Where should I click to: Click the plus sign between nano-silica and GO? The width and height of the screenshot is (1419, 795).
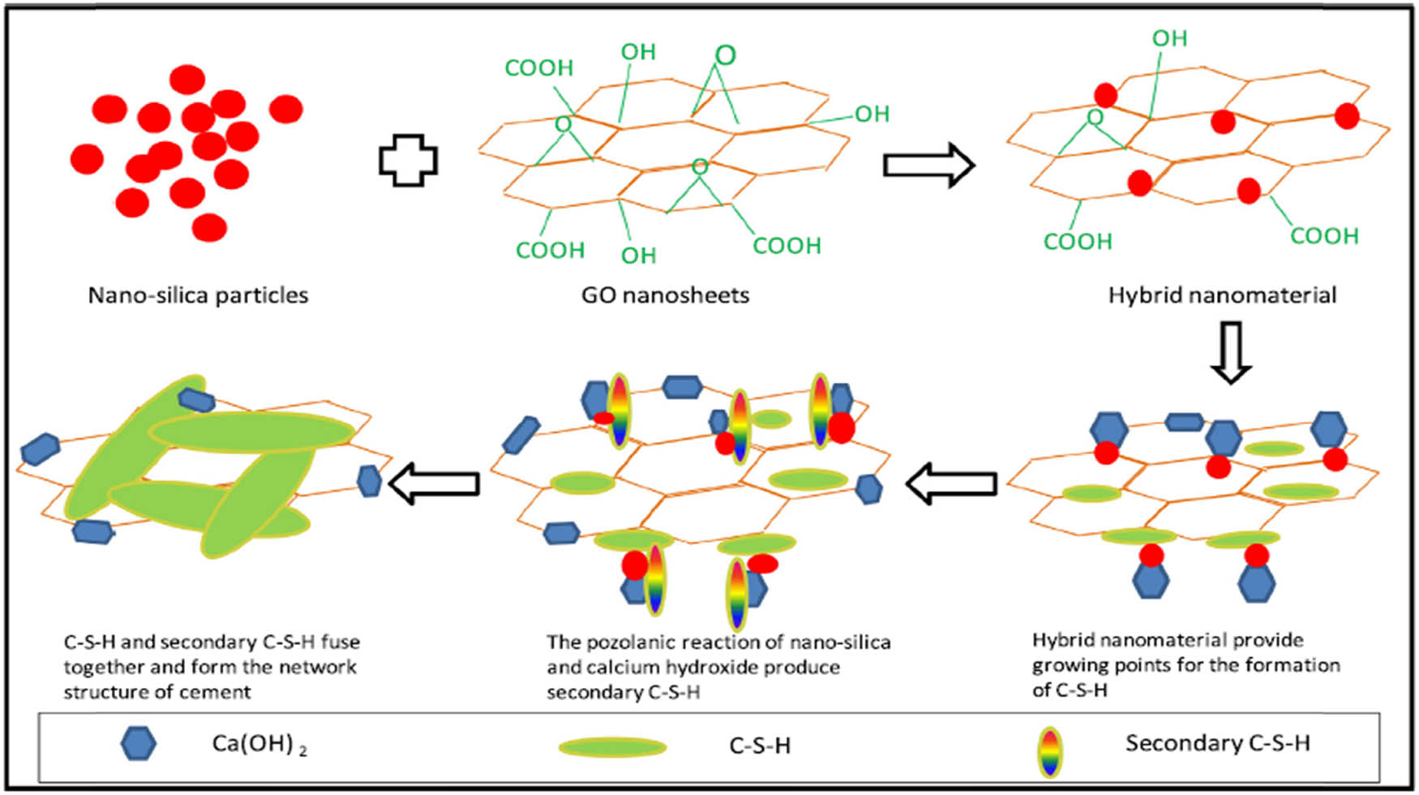[x=409, y=160]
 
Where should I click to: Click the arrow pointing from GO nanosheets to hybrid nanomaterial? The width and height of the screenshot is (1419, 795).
[x=928, y=165]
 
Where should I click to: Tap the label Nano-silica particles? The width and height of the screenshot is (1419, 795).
[x=198, y=295]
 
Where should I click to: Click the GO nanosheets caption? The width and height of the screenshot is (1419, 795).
[x=665, y=295]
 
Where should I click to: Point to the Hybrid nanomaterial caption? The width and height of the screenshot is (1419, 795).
[x=1222, y=295]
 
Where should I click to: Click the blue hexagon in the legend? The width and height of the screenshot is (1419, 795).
[x=138, y=743]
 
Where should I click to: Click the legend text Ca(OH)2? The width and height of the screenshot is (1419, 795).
[x=259, y=744]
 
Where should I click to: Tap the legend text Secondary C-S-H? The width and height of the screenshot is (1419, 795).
[x=1217, y=743]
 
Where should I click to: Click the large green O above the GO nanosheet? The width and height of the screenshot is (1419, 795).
[x=725, y=55]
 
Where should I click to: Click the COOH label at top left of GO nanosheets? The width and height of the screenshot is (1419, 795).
[x=538, y=68]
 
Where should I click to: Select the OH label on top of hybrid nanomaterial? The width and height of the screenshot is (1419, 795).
[x=1169, y=38]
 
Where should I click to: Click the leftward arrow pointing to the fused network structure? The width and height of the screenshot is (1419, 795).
[x=434, y=483]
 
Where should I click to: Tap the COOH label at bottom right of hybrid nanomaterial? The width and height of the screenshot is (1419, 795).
[x=1323, y=236]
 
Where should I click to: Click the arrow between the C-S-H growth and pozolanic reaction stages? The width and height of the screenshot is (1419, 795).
[x=950, y=484]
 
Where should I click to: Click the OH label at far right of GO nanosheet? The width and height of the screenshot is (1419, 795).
[x=872, y=114]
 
